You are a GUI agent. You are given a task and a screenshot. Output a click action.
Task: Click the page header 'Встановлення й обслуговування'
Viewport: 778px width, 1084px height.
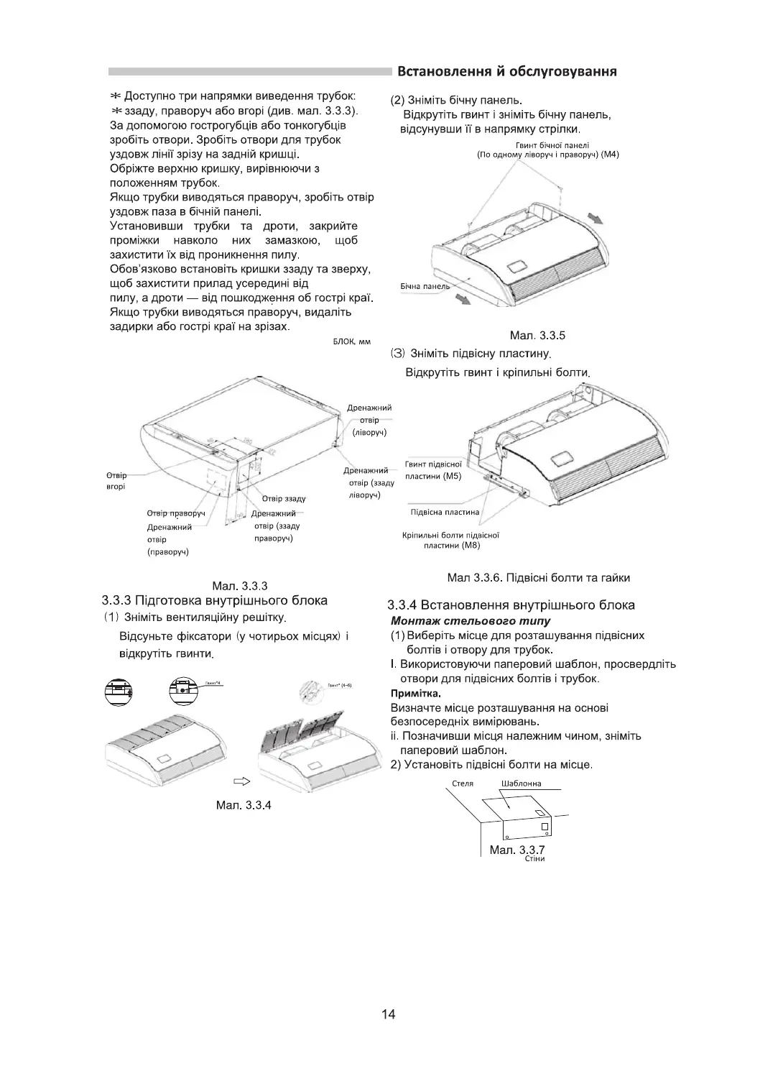pyautogui.click(x=508, y=72)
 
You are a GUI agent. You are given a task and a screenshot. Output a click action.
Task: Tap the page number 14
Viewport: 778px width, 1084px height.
pyautogui.click(x=389, y=1014)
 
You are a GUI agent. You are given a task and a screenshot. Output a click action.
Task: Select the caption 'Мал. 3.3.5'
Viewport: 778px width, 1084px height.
pyautogui.click(x=537, y=335)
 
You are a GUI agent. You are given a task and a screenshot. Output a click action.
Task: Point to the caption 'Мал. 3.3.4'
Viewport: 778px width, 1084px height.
pyautogui.click(x=244, y=805)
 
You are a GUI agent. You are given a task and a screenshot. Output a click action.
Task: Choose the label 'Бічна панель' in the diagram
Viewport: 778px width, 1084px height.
pyautogui.click(x=425, y=286)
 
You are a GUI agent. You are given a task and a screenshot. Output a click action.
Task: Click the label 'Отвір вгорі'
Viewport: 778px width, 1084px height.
pyautogui.click(x=116, y=481)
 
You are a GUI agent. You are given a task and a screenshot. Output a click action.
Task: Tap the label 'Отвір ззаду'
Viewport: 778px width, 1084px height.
pyautogui.click(x=284, y=498)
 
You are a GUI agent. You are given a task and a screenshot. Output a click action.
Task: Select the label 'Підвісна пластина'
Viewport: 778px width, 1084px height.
pyautogui.click(x=445, y=513)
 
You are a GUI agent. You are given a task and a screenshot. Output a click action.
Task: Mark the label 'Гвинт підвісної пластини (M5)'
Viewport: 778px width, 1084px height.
pyautogui.click(x=433, y=471)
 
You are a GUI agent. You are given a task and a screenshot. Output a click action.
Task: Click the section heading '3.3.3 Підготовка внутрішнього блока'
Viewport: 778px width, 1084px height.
pyautogui.click(x=215, y=600)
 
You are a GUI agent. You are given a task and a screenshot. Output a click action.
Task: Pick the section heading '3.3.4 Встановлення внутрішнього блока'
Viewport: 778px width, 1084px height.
pyautogui.click(x=511, y=605)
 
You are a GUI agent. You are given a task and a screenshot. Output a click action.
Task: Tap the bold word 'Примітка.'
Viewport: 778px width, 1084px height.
pyautogui.click(x=415, y=694)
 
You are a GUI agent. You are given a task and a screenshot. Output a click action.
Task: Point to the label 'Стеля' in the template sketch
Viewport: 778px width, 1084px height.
pyautogui.click(x=463, y=784)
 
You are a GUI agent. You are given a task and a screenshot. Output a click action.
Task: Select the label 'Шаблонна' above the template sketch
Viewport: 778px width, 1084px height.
pyautogui.click(x=522, y=784)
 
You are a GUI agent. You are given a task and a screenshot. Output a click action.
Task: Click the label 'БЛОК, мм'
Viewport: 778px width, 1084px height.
pyautogui.click(x=351, y=341)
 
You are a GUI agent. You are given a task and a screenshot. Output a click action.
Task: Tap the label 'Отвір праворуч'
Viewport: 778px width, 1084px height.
pyautogui.click(x=176, y=513)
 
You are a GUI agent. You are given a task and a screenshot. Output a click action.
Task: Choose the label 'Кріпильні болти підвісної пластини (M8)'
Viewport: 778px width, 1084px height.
pyautogui.click(x=451, y=540)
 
